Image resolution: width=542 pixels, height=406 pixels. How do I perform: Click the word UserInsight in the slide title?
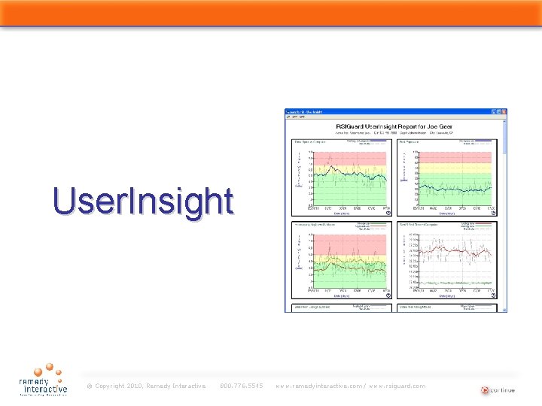click(x=143, y=201)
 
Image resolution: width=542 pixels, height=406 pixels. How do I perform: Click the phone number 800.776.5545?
click(x=241, y=386)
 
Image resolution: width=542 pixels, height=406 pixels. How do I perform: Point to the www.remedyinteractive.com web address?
click(x=321, y=386)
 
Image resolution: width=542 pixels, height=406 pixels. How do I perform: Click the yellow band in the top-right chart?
click(x=456, y=170)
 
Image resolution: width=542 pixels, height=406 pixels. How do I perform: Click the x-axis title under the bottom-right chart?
click(x=456, y=296)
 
